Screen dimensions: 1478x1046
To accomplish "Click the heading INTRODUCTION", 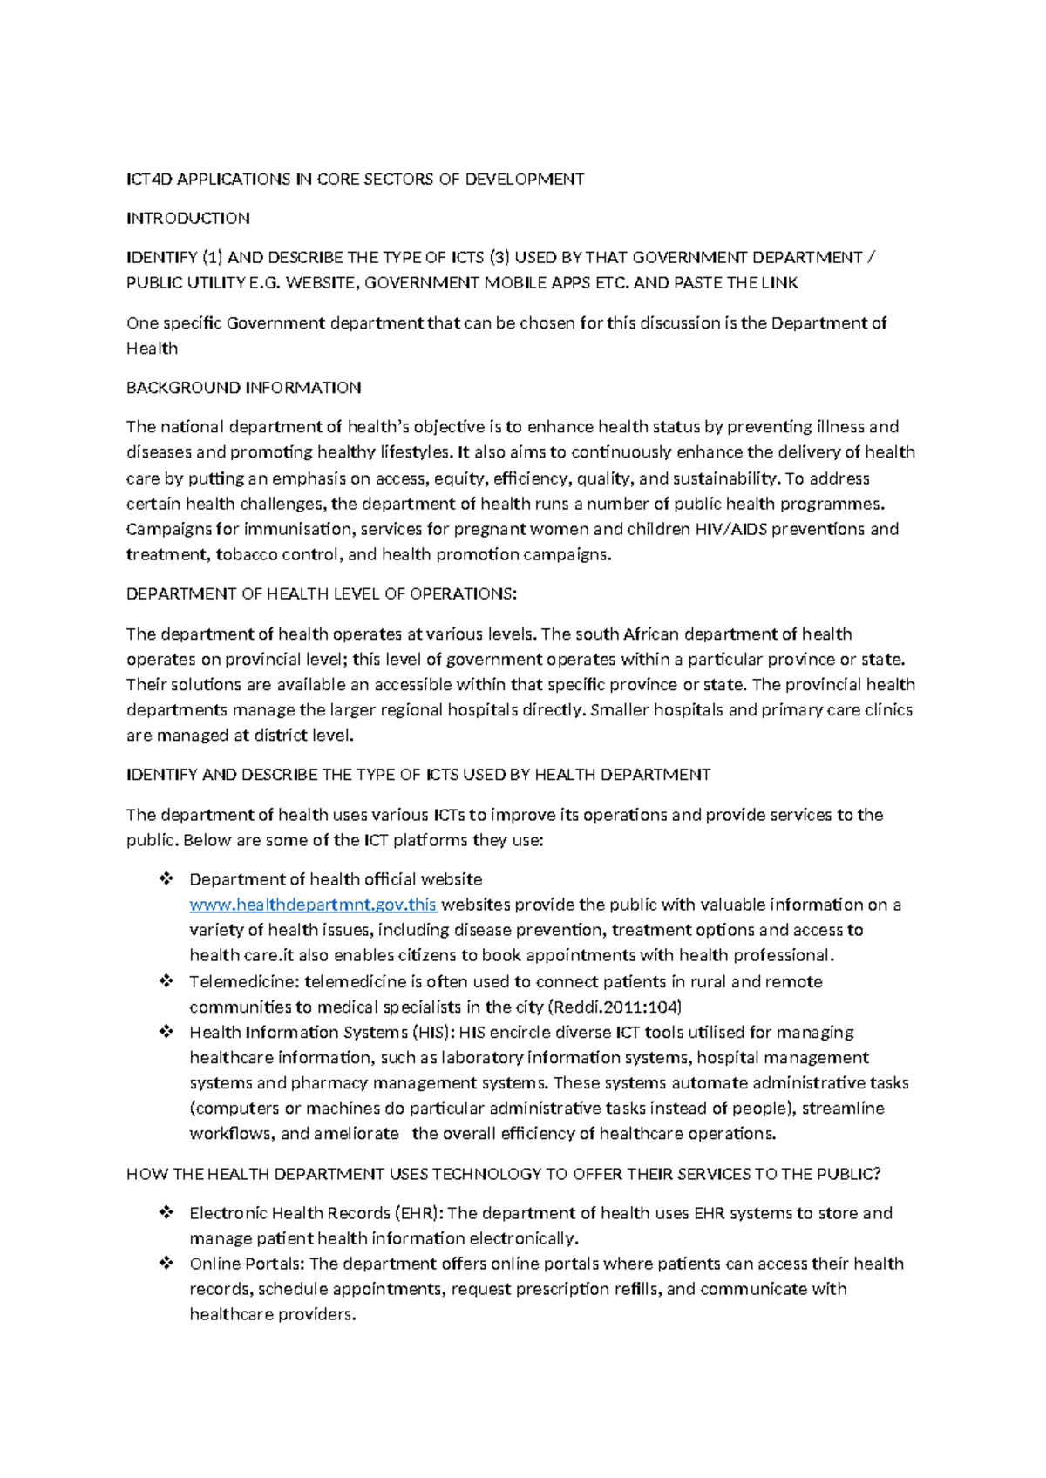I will (188, 218).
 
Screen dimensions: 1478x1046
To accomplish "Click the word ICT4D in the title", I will (149, 179).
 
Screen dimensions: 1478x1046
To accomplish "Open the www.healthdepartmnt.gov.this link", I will (313, 905).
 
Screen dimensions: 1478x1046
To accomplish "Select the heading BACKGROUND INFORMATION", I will (244, 387).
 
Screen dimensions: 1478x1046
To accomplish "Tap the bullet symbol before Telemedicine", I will (166, 981).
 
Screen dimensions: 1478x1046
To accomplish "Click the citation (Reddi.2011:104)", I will (615, 1007).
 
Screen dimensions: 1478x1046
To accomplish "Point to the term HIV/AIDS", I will (731, 529).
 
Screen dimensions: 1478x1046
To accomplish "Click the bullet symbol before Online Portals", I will (166, 1264).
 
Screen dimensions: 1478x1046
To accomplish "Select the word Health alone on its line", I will (153, 349).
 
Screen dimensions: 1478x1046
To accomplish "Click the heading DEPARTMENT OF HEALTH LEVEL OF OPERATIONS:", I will (322, 593).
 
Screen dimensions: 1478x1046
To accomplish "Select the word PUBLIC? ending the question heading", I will (848, 1174).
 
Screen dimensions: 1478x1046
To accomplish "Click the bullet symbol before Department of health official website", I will (166, 879).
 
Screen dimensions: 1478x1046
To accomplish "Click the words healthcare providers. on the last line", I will (274, 1314).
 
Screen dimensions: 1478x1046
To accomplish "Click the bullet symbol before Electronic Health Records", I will (166, 1213).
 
